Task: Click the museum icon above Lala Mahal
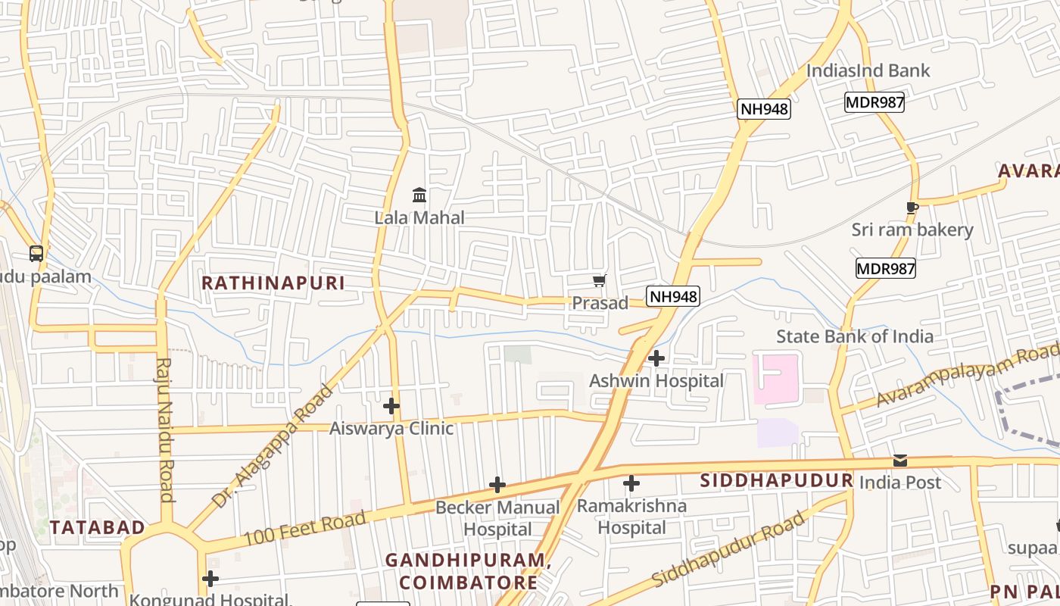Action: [x=419, y=195]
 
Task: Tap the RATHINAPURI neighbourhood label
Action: [x=273, y=283]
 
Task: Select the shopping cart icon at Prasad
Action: [x=600, y=282]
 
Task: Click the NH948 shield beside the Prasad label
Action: [x=672, y=296]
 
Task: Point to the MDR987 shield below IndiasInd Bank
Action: [x=874, y=102]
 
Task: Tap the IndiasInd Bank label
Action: [x=868, y=70]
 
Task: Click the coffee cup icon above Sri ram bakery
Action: [x=912, y=208]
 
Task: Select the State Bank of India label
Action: [x=855, y=336]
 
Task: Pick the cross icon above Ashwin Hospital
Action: [x=656, y=358]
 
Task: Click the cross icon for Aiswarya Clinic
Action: [x=391, y=406]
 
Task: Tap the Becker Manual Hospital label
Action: [x=497, y=518]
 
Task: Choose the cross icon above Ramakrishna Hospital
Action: [x=631, y=483]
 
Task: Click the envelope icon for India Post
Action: [x=899, y=461]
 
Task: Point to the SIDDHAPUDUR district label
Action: [x=776, y=481]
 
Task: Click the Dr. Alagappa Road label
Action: [x=273, y=447]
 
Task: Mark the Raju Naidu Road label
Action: [x=164, y=430]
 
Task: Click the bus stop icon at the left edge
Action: [x=36, y=254]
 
